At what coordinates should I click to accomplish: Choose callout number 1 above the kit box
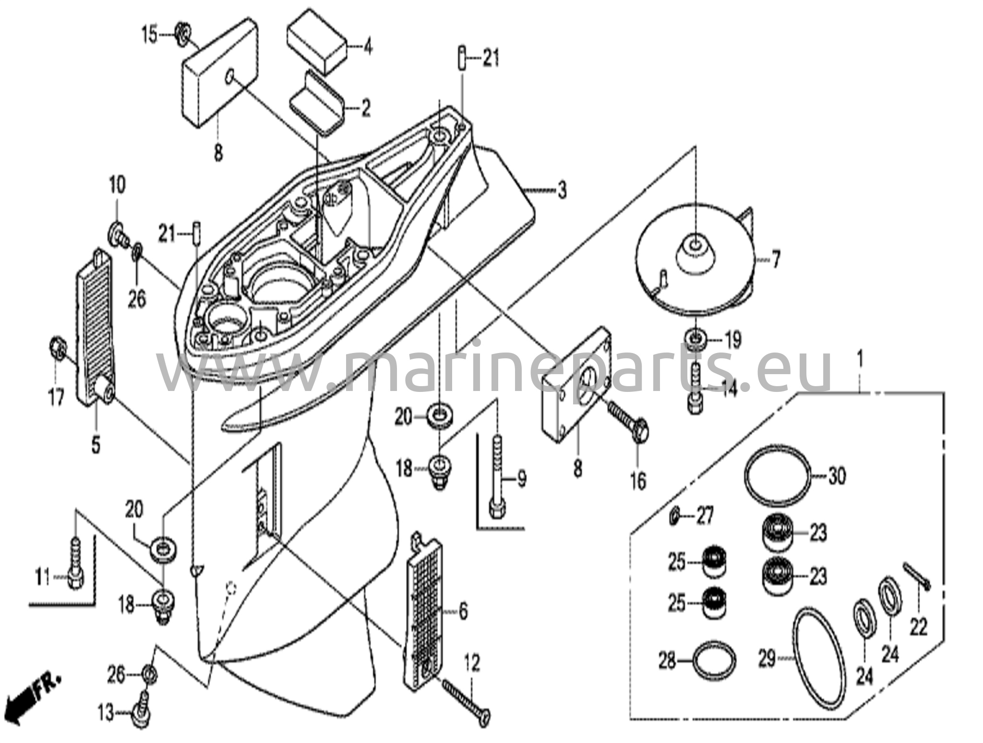coord(860,359)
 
